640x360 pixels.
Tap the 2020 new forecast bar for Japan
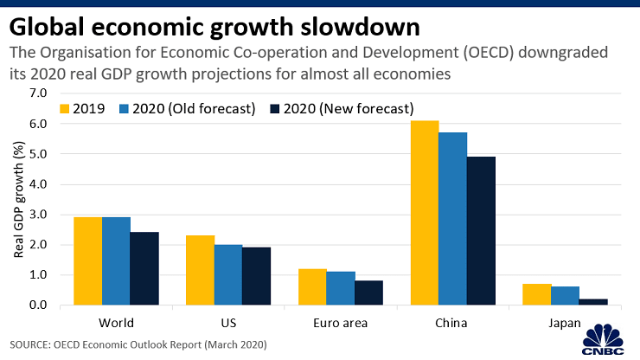(x=593, y=302)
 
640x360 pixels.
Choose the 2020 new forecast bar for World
(x=144, y=268)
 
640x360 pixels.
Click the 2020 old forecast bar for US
(x=228, y=274)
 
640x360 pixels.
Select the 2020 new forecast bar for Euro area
(x=368, y=292)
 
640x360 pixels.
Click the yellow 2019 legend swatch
(x=64, y=109)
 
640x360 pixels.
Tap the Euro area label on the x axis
(x=341, y=323)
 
